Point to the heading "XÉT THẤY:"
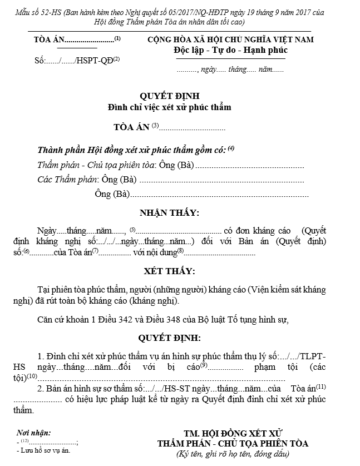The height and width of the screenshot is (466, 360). (x=170, y=271)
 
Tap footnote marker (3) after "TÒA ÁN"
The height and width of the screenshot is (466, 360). (x=155, y=126)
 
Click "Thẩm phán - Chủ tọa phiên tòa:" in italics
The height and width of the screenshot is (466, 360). (x=93, y=165)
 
